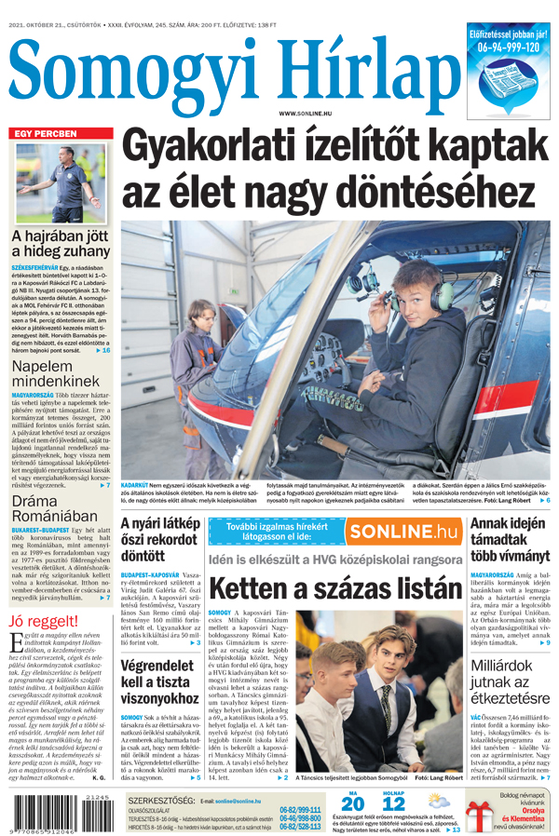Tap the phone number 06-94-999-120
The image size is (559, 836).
[x=509, y=47]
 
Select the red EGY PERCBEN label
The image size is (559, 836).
[x=44, y=134]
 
